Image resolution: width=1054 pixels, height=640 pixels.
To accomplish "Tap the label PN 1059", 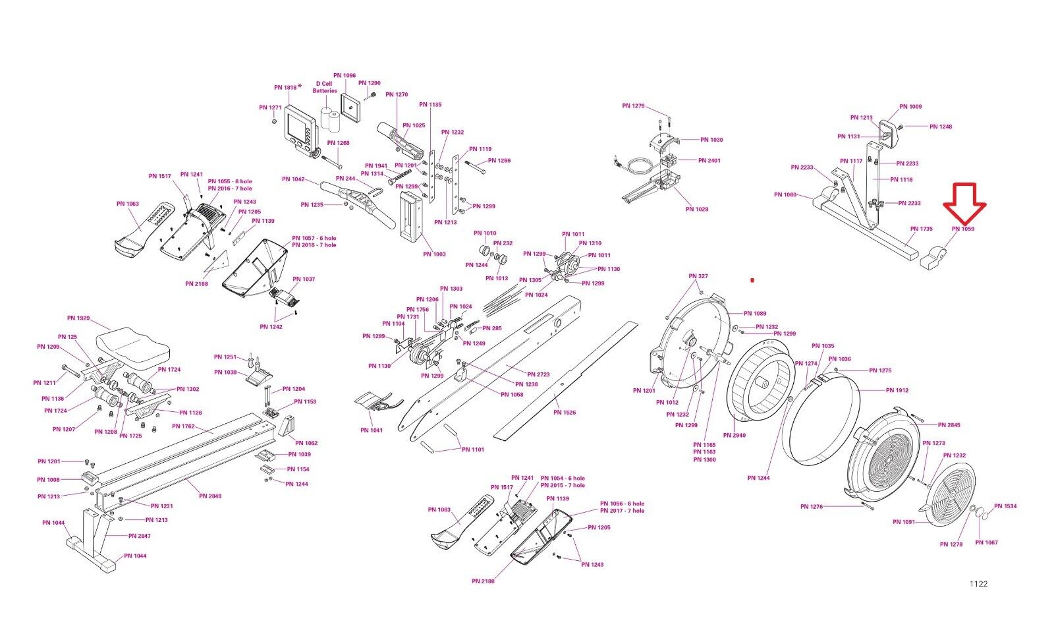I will coord(962,229).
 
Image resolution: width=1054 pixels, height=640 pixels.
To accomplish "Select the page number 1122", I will coord(978,583).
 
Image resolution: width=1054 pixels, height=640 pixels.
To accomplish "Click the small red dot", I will coord(752,280).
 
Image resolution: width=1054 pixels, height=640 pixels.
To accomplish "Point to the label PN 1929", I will coord(78,318).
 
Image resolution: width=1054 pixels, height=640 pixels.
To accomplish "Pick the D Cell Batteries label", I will coord(325,87).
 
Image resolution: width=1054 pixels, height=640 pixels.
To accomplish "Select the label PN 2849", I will coord(211,496).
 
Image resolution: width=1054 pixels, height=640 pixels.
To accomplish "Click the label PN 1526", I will coord(565,413).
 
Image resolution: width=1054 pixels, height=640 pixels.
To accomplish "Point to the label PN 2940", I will coord(734,435).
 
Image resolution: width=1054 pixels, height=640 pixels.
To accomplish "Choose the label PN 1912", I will coord(897,390).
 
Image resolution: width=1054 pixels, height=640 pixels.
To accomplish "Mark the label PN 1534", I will coord(1005,506).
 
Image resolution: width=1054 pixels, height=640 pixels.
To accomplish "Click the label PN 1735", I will coord(922,229).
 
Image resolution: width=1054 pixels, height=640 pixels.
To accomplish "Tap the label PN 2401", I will coord(709,160).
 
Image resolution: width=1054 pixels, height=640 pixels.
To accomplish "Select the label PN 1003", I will coord(434,254).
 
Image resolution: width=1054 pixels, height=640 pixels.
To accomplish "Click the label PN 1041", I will coord(372,430).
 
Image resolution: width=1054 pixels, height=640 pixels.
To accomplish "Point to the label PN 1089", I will coord(755,313).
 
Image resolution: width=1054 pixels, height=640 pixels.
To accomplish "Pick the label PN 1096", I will coord(345,76).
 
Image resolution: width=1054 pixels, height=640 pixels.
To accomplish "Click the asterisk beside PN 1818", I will coord(300,86).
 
